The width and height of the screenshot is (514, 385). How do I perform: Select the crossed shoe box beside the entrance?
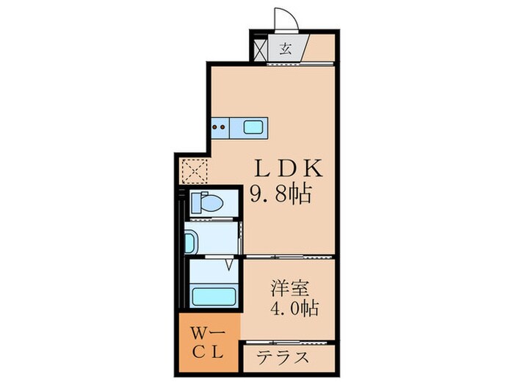259,50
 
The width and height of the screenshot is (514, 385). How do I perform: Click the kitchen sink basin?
254,128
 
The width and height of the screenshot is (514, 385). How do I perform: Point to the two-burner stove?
220,127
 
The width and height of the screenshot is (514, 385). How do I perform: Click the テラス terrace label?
283,359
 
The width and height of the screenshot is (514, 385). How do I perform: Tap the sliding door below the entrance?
294,64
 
